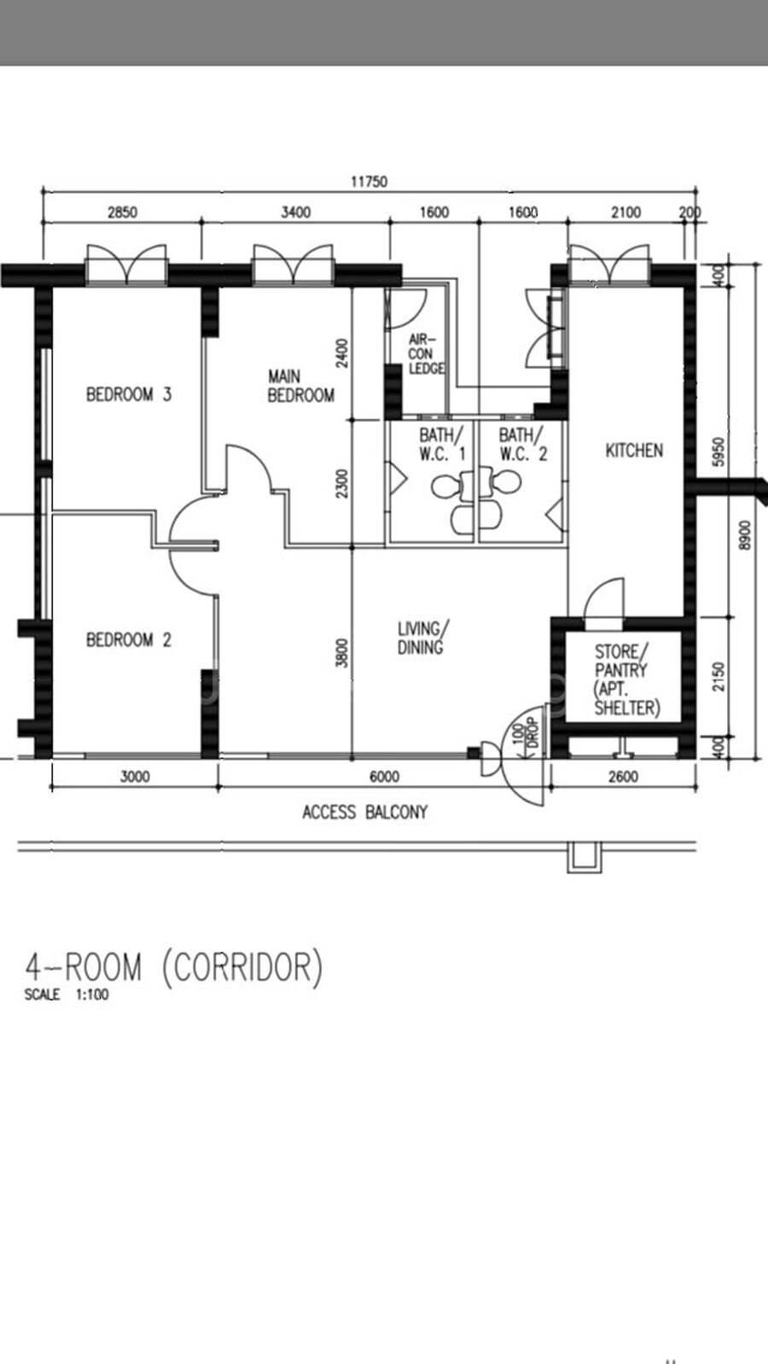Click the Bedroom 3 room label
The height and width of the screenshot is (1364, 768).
pyautogui.click(x=129, y=394)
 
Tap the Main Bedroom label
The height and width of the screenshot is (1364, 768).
pyautogui.click(x=301, y=386)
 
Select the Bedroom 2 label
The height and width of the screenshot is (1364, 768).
pyautogui.click(x=129, y=640)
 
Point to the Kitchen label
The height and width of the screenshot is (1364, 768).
pyautogui.click(x=634, y=451)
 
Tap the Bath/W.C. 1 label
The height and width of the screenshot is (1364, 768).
pyautogui.click(x=442, y=445)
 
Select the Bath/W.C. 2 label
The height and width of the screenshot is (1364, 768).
pyautogui.click(x=523, y=445)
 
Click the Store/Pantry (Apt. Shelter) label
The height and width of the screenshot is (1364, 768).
pyautogui.click(x=627, y=679)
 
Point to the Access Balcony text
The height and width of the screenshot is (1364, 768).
pyautogui.click(x=365, y=812)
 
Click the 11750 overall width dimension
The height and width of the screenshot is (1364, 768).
pyautogui.click(x=369, y=182)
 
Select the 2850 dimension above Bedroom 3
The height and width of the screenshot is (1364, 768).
pyautogui.click(x=122, y=212)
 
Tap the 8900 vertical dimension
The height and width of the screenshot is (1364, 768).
pyautogui.click(x=745, y=535)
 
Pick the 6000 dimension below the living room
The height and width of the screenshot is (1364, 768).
pyautogui.click(x=385, y=777)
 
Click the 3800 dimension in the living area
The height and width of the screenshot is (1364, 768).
pyautogui.click(x=343, y=652)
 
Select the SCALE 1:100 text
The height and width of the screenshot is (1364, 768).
pyautogui.click(x=67, y=995)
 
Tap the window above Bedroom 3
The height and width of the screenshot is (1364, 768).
pyautogui.click(x=126, y=265)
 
